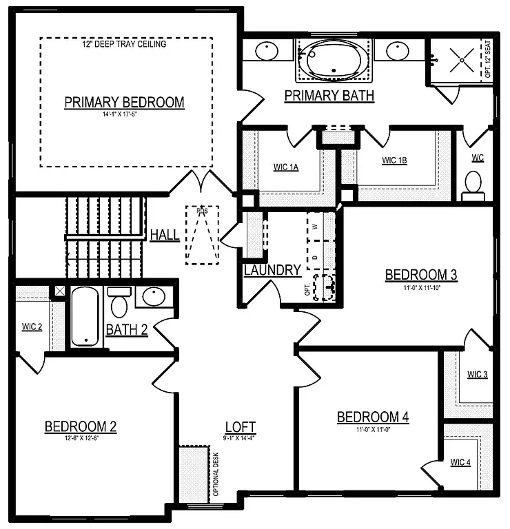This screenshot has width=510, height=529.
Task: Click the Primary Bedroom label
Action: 124,103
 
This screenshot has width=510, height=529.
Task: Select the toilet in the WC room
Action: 473,184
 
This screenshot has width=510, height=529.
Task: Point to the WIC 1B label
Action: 394,160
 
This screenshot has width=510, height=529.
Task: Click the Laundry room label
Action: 272,271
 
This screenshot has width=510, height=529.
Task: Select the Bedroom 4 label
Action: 373,417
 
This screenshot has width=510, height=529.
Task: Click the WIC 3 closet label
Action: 477,375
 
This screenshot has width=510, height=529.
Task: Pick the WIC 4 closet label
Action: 460,462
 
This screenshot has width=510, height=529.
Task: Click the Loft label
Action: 241,426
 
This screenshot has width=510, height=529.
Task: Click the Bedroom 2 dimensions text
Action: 80,438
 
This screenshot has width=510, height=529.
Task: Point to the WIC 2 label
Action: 32,326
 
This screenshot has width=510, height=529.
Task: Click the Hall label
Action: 165,235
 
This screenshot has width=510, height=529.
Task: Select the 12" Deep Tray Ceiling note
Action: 123,44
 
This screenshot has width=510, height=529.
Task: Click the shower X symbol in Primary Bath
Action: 459,60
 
